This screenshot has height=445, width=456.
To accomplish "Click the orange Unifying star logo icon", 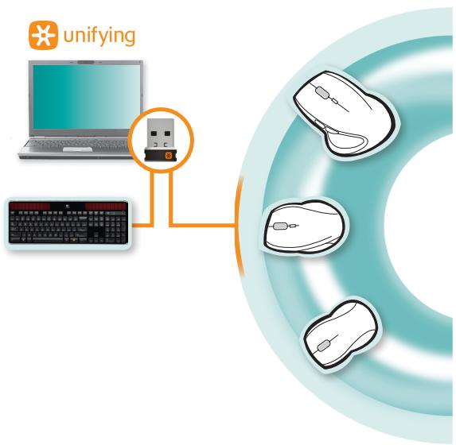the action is point(43,35).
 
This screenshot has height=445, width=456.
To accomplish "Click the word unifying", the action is point(99,37).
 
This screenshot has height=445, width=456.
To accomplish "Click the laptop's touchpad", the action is point(78,149).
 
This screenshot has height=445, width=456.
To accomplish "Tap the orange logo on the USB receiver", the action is point(169,156).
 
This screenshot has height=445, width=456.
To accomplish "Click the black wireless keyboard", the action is point(68,222).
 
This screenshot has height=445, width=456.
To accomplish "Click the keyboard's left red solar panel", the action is point(29,207).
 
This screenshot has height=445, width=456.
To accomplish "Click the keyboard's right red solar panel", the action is point(106,207).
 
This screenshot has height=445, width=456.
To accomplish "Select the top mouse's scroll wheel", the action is point(322,93).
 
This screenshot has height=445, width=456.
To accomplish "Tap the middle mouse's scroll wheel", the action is point(279,226).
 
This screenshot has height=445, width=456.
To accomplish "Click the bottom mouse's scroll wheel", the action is point(324,346).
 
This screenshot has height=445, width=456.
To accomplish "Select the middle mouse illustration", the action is point(305,228).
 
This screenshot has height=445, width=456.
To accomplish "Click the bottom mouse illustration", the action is point(341,335).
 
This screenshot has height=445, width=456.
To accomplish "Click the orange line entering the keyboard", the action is point(142,225).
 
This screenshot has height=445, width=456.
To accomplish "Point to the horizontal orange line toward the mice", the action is point(203,225).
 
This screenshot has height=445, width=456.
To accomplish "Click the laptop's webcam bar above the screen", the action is point(86,62).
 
